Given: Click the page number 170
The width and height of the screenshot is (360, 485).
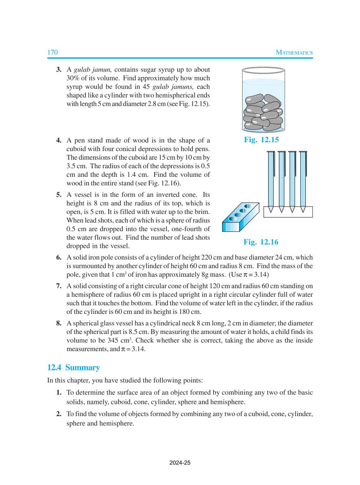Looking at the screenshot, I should coord(52,52).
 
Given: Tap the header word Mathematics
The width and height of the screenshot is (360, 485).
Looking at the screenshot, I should coord(294,52).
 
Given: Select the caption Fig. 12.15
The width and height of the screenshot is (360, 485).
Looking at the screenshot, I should coord(261,140).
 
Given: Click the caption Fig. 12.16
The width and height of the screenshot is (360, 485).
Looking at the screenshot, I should coord(261,242).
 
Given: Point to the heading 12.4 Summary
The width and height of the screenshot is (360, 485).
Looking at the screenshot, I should coord(73,367).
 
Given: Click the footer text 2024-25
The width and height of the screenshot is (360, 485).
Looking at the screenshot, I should coord(180,462).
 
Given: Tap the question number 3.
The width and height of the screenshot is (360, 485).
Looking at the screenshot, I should coord(59,70).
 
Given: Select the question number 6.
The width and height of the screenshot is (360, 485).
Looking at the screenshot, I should coord(59,257).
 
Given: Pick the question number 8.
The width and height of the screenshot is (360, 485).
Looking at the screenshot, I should coord(59,323).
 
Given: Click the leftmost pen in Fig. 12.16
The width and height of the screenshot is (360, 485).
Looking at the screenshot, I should coord(271,180).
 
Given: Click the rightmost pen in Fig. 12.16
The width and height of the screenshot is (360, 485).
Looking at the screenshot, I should coord(303,180).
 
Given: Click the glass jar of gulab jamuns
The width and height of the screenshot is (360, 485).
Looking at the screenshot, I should coord(263,100).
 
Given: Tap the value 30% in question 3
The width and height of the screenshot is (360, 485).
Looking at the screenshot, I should coord(73,78).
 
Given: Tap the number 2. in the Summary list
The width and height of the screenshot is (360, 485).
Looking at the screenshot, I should coord(59,414).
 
